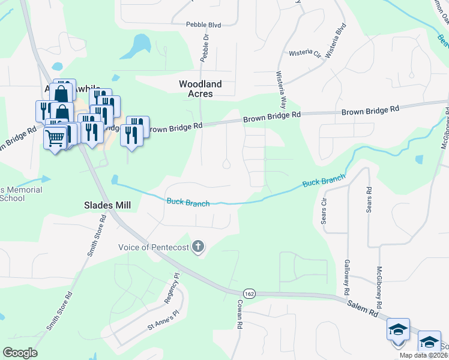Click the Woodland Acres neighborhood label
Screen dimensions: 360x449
(x=200, y=89)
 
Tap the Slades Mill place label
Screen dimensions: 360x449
(x=107, y=205)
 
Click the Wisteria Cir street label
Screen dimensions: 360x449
(x=306, y=53)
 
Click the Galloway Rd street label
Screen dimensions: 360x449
(x=346, y=272)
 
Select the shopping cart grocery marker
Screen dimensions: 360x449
(x=55, y=139)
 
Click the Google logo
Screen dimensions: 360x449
(x=20, y=353)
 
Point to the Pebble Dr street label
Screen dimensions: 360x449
(x=206, y=45)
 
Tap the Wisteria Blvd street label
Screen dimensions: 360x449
(x=336, y=40)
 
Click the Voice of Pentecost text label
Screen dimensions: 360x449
(x=154, y=247)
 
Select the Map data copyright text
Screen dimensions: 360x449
(x=424, y=355)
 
